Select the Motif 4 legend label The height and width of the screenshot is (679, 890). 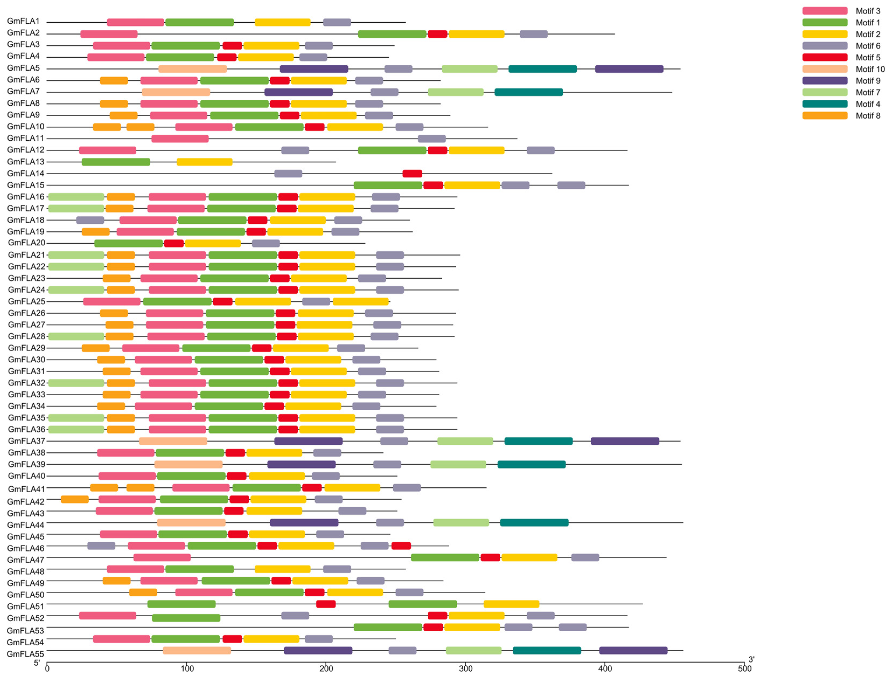(867, 104)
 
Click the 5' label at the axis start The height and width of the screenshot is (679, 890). (37, 663)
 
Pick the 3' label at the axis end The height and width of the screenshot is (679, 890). (751, 660)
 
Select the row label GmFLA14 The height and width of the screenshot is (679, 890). (26, 174)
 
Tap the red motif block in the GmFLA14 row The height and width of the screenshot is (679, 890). (412, 174)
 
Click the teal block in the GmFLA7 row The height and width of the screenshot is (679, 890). (528, 92)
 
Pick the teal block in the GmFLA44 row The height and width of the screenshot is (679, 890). (534, 523)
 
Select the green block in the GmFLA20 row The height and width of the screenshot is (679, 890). (128, 244)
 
